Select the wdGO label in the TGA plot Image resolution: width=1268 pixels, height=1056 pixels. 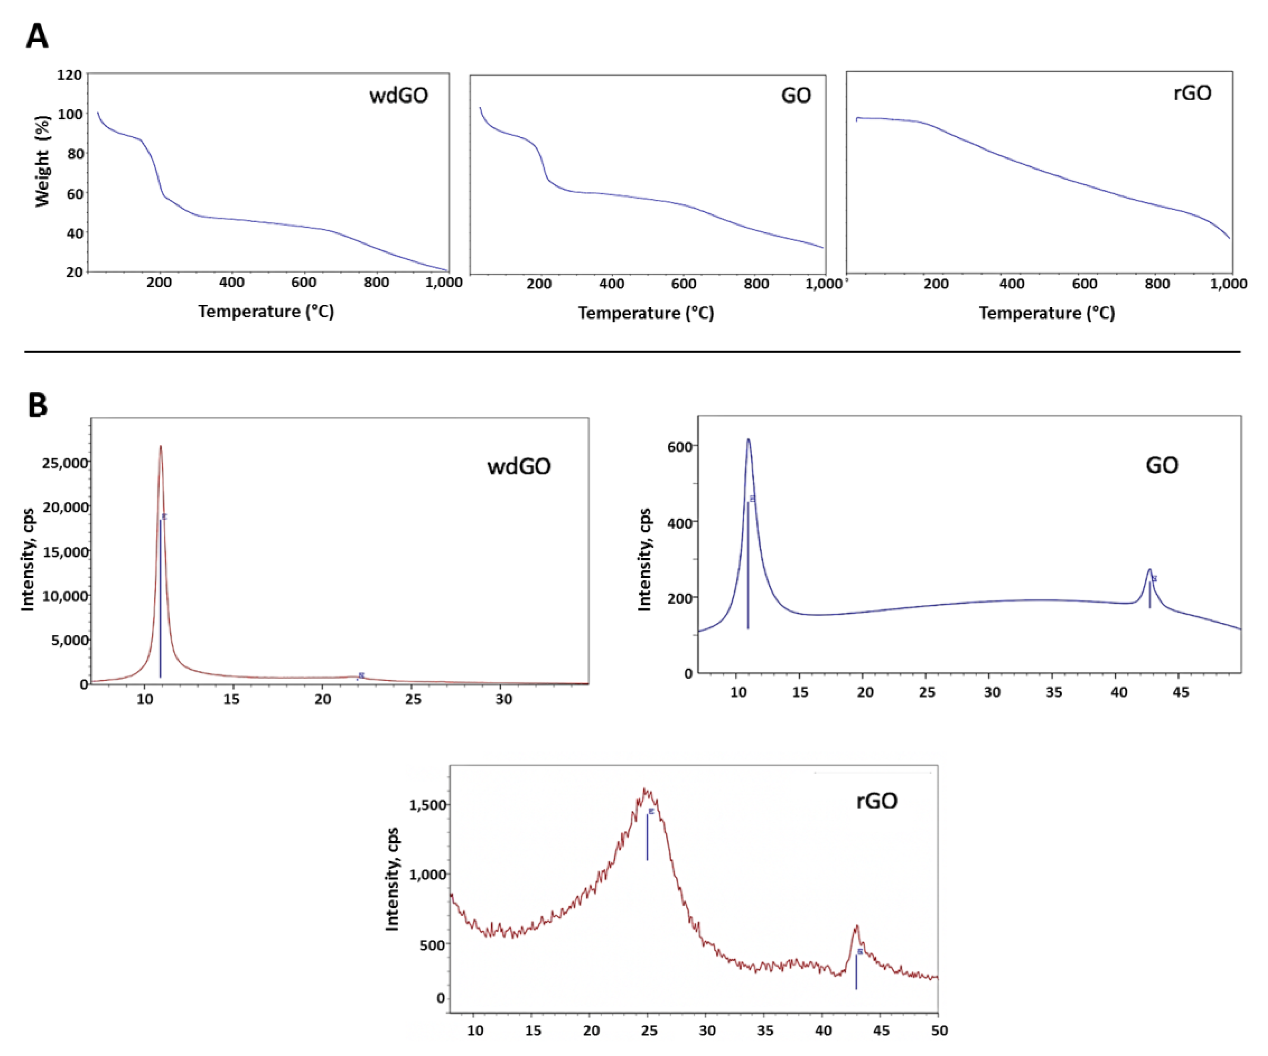click(399, 95)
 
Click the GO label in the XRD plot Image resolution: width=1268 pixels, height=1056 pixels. click(1162, 465)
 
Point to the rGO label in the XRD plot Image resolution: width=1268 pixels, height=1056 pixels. click(877, 801)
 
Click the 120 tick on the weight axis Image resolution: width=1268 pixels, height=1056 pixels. click(69, 75)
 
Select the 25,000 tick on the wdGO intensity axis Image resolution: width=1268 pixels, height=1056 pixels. click(65, 463)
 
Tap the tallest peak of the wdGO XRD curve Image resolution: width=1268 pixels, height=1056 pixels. click(161, 447)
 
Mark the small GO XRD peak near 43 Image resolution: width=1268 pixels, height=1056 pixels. click(1150, 569)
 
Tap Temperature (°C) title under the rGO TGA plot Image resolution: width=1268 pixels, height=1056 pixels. click(1046, 313)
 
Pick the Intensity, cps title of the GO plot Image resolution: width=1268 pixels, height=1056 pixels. click(645, 559)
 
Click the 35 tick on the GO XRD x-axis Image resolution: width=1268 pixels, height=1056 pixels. click(1053, 692)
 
